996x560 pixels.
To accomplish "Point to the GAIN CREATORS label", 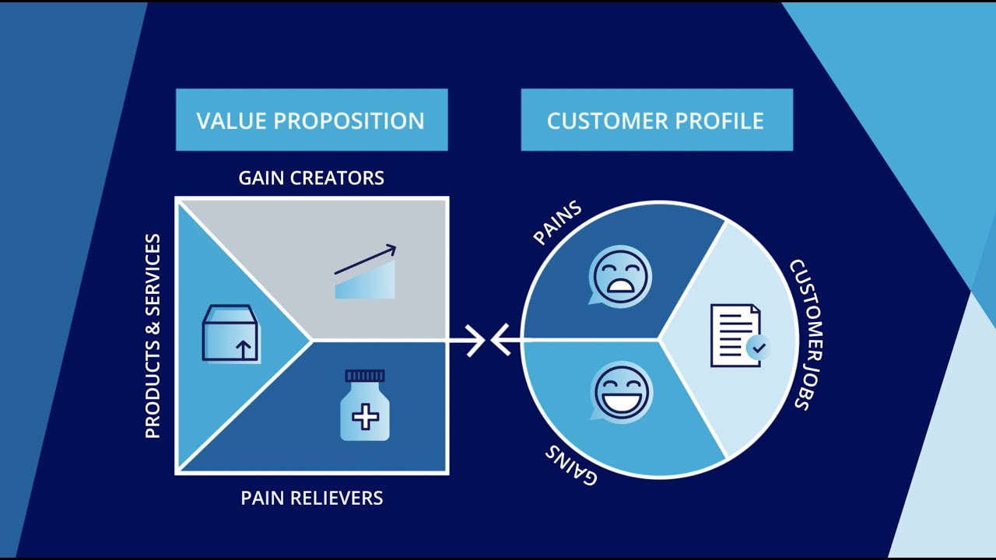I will click(x=311, y=178).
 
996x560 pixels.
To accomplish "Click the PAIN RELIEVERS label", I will click(x=311, y=498).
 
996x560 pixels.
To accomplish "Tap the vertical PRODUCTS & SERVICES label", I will click(x=153, y=335).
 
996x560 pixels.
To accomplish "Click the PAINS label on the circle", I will click(x=557, y=224).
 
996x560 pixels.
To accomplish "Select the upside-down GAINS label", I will click(x=571, y=464).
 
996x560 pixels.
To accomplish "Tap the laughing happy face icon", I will click(x=621, y=392).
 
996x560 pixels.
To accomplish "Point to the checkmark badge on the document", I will click(x=757, y=347).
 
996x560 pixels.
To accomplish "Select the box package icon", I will click(x=230, y=333).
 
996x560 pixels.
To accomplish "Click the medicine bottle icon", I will click(x=365, y=405).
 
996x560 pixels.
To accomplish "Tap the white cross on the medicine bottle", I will click(x=365, y=417).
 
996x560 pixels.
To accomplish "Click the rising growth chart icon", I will click(x=366, y=272).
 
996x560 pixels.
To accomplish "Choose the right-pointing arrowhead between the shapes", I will click(x=475, y=341).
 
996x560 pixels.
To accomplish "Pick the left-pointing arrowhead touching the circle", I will click(x=500, y=341).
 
